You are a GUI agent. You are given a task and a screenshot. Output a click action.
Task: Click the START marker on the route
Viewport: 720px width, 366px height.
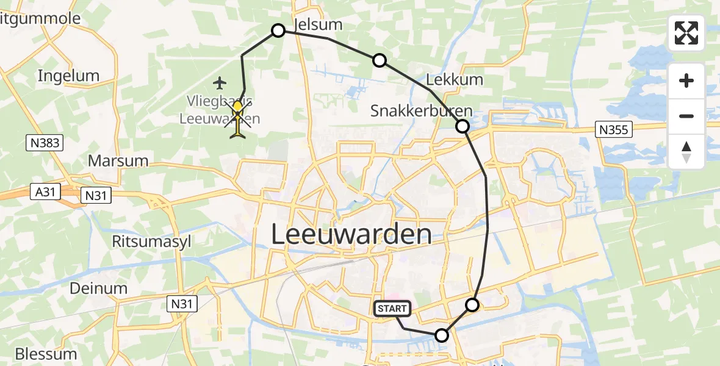pos(392,309)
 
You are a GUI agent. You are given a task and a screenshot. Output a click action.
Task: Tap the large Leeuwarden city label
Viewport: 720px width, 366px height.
pos(351,234)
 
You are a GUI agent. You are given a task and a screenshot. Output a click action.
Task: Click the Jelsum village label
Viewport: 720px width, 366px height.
pos(318,24)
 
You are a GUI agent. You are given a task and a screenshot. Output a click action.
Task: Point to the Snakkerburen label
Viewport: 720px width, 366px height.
pos(421,111)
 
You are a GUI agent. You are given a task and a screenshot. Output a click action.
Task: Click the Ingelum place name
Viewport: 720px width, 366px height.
pos(68,76)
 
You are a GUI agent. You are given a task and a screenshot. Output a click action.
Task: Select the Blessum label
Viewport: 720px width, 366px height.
pos(46,354)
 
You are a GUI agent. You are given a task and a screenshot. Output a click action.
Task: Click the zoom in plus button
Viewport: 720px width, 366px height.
pos(686,81)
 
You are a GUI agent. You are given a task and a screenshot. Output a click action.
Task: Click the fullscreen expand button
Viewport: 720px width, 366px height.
pos(686,32)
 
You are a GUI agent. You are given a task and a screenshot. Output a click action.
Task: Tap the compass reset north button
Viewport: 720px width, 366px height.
pos(686,151)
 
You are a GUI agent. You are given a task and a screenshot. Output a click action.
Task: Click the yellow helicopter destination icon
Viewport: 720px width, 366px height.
pos(237,118)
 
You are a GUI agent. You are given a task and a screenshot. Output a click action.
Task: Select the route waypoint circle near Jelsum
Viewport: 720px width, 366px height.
pos(278,30)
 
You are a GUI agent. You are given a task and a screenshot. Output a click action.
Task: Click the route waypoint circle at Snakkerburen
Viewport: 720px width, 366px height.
pos(463,126)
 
